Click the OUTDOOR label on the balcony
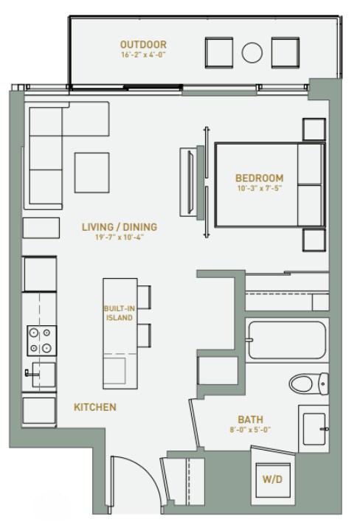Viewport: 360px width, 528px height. (143, 44)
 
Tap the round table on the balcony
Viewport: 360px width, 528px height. (252, 52)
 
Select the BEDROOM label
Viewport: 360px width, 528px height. (260, 178)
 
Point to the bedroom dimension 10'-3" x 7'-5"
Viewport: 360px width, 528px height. (260, 188)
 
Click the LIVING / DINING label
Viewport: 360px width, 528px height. (120, 227)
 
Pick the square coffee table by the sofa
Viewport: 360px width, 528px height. (92, 173)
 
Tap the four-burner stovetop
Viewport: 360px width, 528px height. (42, 341)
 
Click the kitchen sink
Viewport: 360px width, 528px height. (44, 375)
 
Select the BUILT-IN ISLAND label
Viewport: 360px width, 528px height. (120, 313)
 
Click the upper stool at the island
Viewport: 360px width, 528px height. (144, 297)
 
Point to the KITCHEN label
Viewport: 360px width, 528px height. (95, 407)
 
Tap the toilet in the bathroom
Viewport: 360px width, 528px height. (308, 383)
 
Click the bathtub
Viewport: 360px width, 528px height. (287, 340)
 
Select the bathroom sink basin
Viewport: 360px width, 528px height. (314, 429)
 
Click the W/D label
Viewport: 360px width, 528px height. (272, 479)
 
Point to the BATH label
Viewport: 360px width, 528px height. (251, 420)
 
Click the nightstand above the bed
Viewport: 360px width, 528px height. (314, 129)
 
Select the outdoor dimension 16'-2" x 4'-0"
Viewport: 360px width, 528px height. (143, 55)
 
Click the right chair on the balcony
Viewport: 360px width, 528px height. (285, 52)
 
